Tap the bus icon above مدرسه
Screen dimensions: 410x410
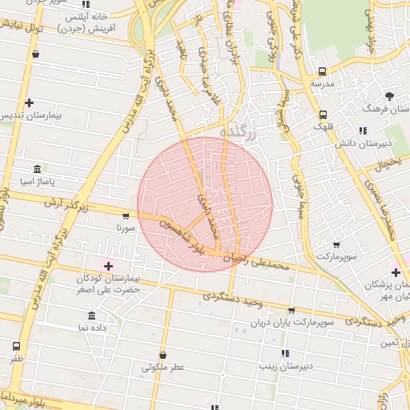[x=322, y=70]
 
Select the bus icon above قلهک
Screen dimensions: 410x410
[x=323, y=115]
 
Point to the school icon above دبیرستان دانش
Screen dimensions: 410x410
[x=363, y=131]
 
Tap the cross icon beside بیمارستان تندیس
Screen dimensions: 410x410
[x=30, y=102]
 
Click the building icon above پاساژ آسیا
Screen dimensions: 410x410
[x=37, y=169]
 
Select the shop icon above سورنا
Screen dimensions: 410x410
[x=126, y=215]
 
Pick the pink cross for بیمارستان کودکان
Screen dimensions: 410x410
[x=109, y=265]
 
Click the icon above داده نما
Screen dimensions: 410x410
[x=91, y=316]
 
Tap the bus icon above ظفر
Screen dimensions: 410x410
[x=17, y=347]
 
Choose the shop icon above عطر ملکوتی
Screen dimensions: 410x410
[x=163, y=355]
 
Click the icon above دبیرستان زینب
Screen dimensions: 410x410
[x=285, y=353]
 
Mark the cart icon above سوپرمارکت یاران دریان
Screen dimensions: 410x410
[x=291, y=310]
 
